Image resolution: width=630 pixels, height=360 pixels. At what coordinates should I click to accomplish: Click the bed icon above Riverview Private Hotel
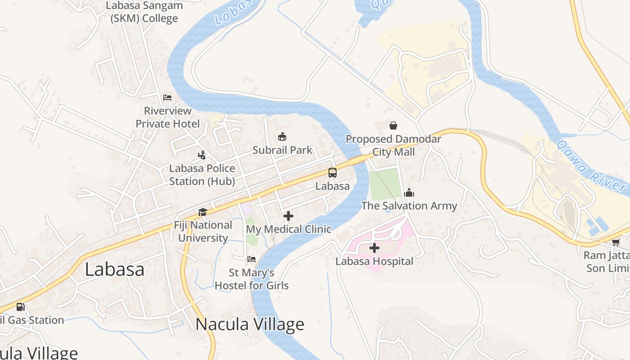click(167, 98)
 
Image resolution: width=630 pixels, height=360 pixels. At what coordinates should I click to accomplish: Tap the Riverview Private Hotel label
click(168, 117)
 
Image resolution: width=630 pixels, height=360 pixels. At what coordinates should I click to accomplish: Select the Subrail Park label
click(282, 150)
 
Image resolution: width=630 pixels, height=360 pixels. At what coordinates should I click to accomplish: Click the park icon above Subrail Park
click(282, 137)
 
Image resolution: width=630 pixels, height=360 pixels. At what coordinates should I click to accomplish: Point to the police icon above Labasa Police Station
click(202, 155)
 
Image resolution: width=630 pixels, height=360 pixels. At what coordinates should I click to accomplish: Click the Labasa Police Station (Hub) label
click(202, 175)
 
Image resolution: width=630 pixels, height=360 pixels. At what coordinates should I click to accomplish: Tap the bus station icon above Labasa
click(333, 173)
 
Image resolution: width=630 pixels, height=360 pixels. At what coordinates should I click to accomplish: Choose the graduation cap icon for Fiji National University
click(203, 212)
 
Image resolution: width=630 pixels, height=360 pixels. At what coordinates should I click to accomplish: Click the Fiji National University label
click(203, 231)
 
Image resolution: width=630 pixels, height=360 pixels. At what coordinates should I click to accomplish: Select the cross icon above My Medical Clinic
click(288, 216)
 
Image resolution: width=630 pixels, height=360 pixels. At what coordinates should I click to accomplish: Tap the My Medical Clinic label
click(288, 229)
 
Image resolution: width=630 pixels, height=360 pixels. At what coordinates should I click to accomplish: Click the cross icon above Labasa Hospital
click(374, 248)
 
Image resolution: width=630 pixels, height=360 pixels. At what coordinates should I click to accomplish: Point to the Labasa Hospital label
click(374, 261)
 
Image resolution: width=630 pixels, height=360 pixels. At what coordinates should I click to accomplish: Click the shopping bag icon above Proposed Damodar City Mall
click(393, 126)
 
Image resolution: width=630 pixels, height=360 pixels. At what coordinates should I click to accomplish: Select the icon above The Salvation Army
click(409, 193)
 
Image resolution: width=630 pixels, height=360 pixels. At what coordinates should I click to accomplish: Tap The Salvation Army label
click(409, 206)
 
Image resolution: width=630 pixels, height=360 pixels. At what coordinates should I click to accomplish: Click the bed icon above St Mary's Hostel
click(252, 259)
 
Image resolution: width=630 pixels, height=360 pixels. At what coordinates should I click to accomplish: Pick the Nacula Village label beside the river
click(250, 324)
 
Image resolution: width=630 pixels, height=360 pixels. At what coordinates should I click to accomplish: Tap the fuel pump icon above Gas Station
click(20, 307)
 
